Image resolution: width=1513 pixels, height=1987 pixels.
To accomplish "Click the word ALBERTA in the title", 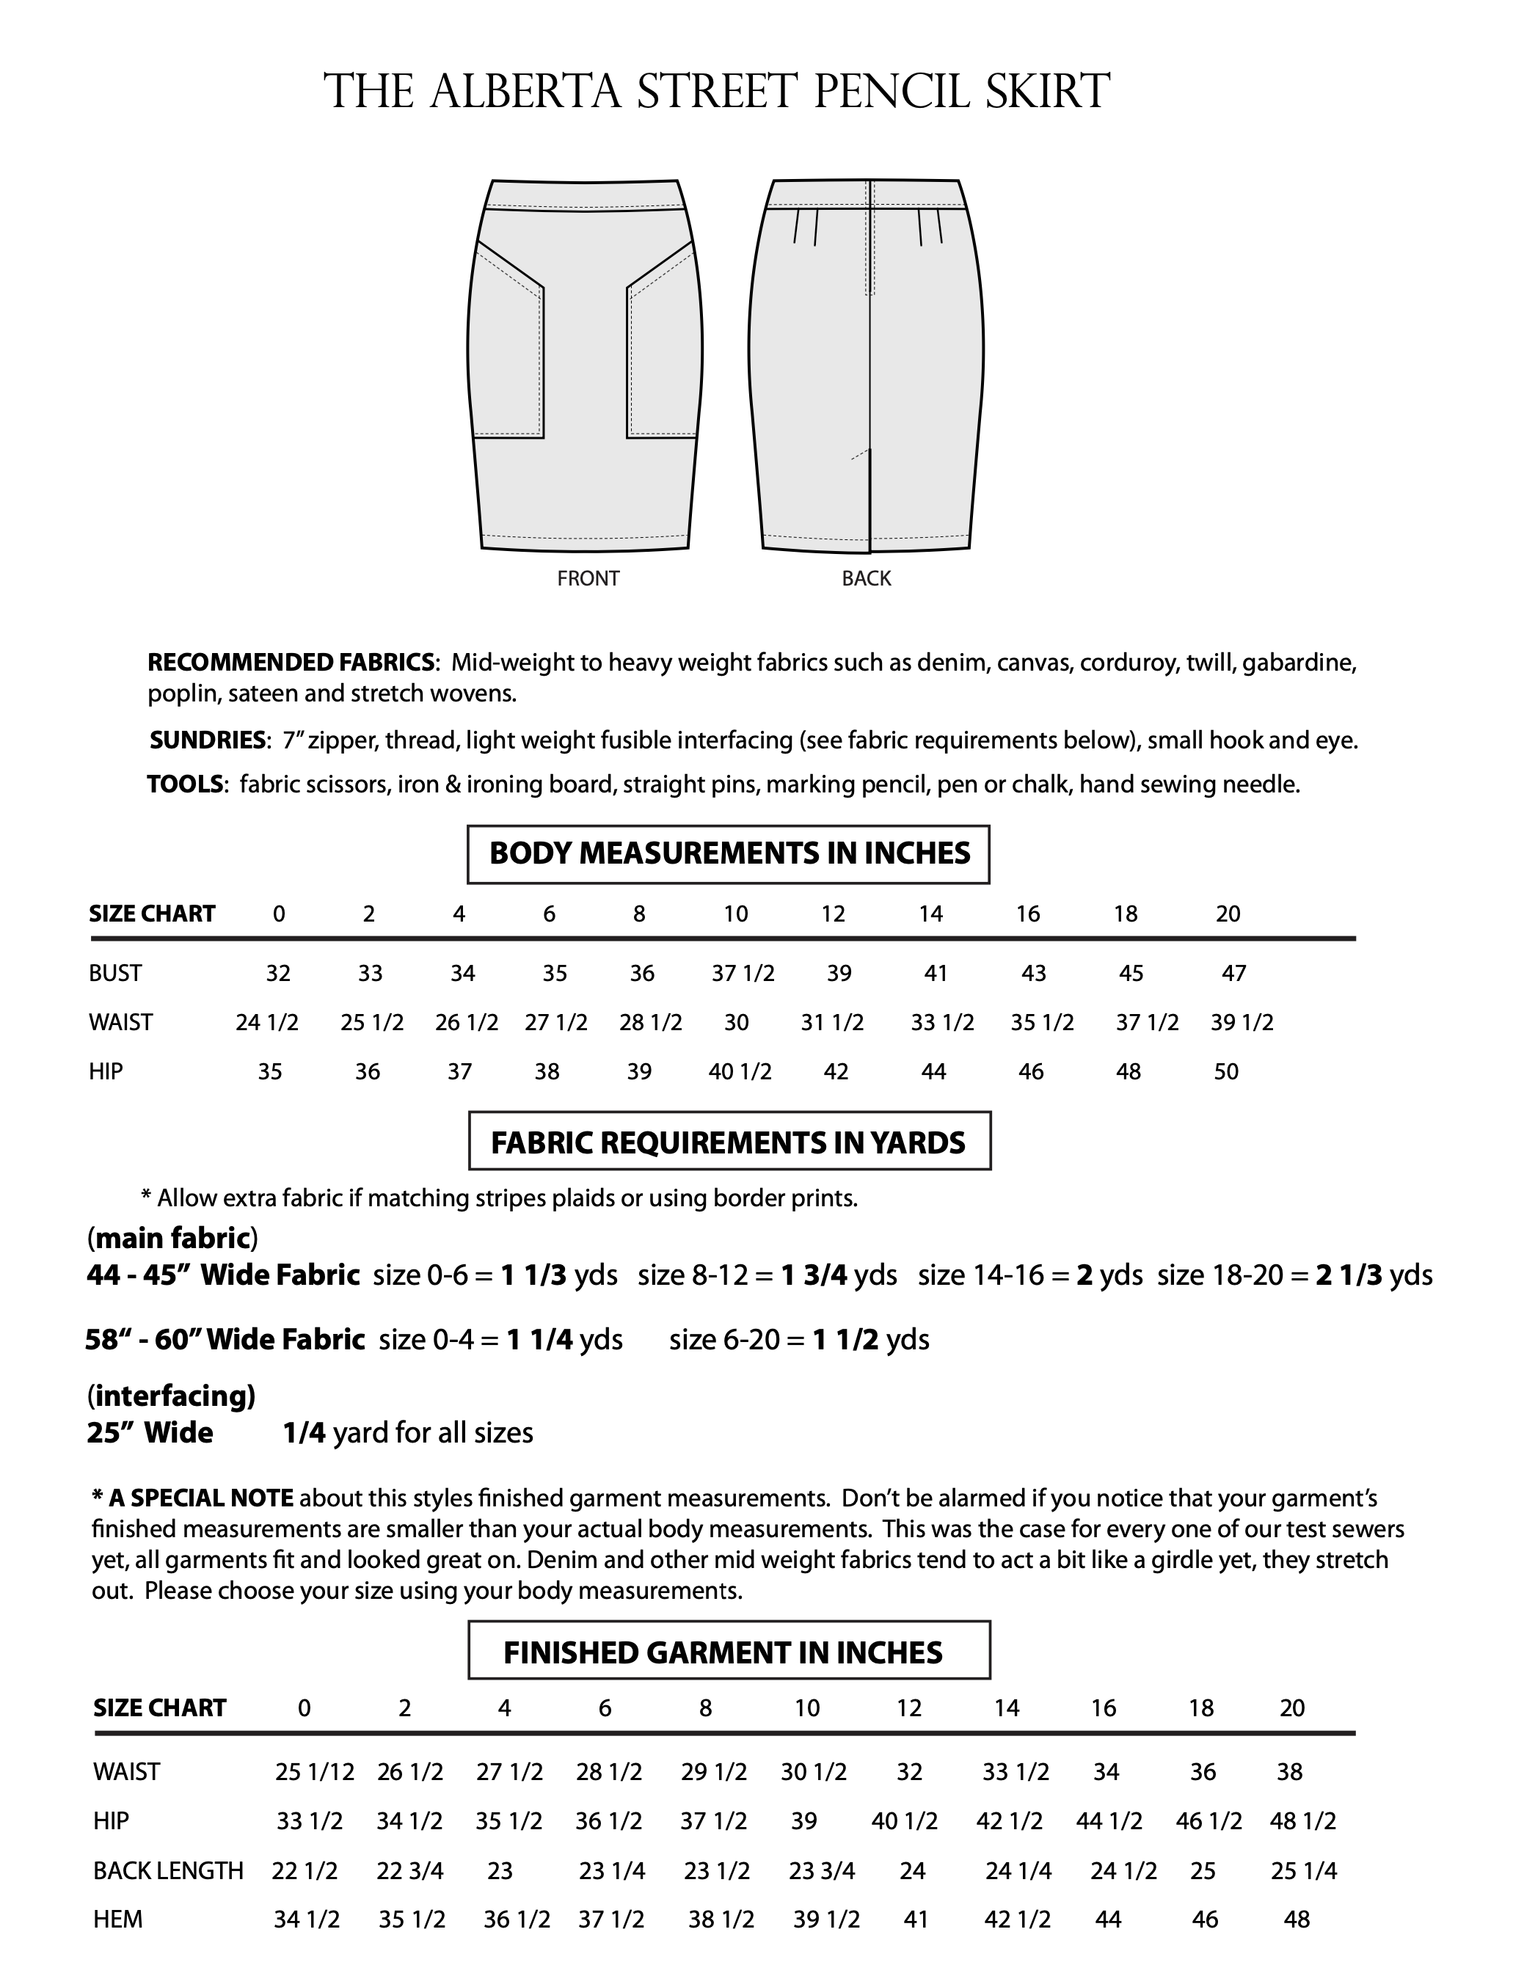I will click(526, 92).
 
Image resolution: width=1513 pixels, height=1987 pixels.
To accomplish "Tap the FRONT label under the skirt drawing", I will click(588, 578).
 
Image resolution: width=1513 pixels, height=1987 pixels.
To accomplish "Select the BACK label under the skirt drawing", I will click(867, 578).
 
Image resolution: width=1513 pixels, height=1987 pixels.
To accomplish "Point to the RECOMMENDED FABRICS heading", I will click(291, 663).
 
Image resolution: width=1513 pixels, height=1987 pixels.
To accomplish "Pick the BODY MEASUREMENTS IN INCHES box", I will click(729, 854).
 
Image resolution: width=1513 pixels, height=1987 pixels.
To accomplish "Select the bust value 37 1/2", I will click(743, 974).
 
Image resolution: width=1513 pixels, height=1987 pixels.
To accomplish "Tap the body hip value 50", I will click(1227, 1072).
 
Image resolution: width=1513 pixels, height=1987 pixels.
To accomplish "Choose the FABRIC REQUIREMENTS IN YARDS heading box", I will click(729, 1143).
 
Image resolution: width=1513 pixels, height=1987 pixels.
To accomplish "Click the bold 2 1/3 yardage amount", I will click(1348, 1275).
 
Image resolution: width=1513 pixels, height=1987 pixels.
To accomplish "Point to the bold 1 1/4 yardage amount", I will click(539, 1341).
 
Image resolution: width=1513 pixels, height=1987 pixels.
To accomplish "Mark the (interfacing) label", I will click(171, 1396).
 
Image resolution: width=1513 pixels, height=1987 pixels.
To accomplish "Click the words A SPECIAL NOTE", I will click(200, 1498).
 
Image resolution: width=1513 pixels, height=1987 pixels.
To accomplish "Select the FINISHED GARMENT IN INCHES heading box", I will click(729, 1653).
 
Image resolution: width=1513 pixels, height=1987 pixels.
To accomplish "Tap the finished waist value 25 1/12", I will click(314, 1773).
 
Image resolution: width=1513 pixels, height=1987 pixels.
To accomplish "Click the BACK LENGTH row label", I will click(169, 1871).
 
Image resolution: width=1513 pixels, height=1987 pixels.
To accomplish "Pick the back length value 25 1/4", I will click(1303, 1871).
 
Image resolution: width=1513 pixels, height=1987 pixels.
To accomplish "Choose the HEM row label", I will click(118, 1919).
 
